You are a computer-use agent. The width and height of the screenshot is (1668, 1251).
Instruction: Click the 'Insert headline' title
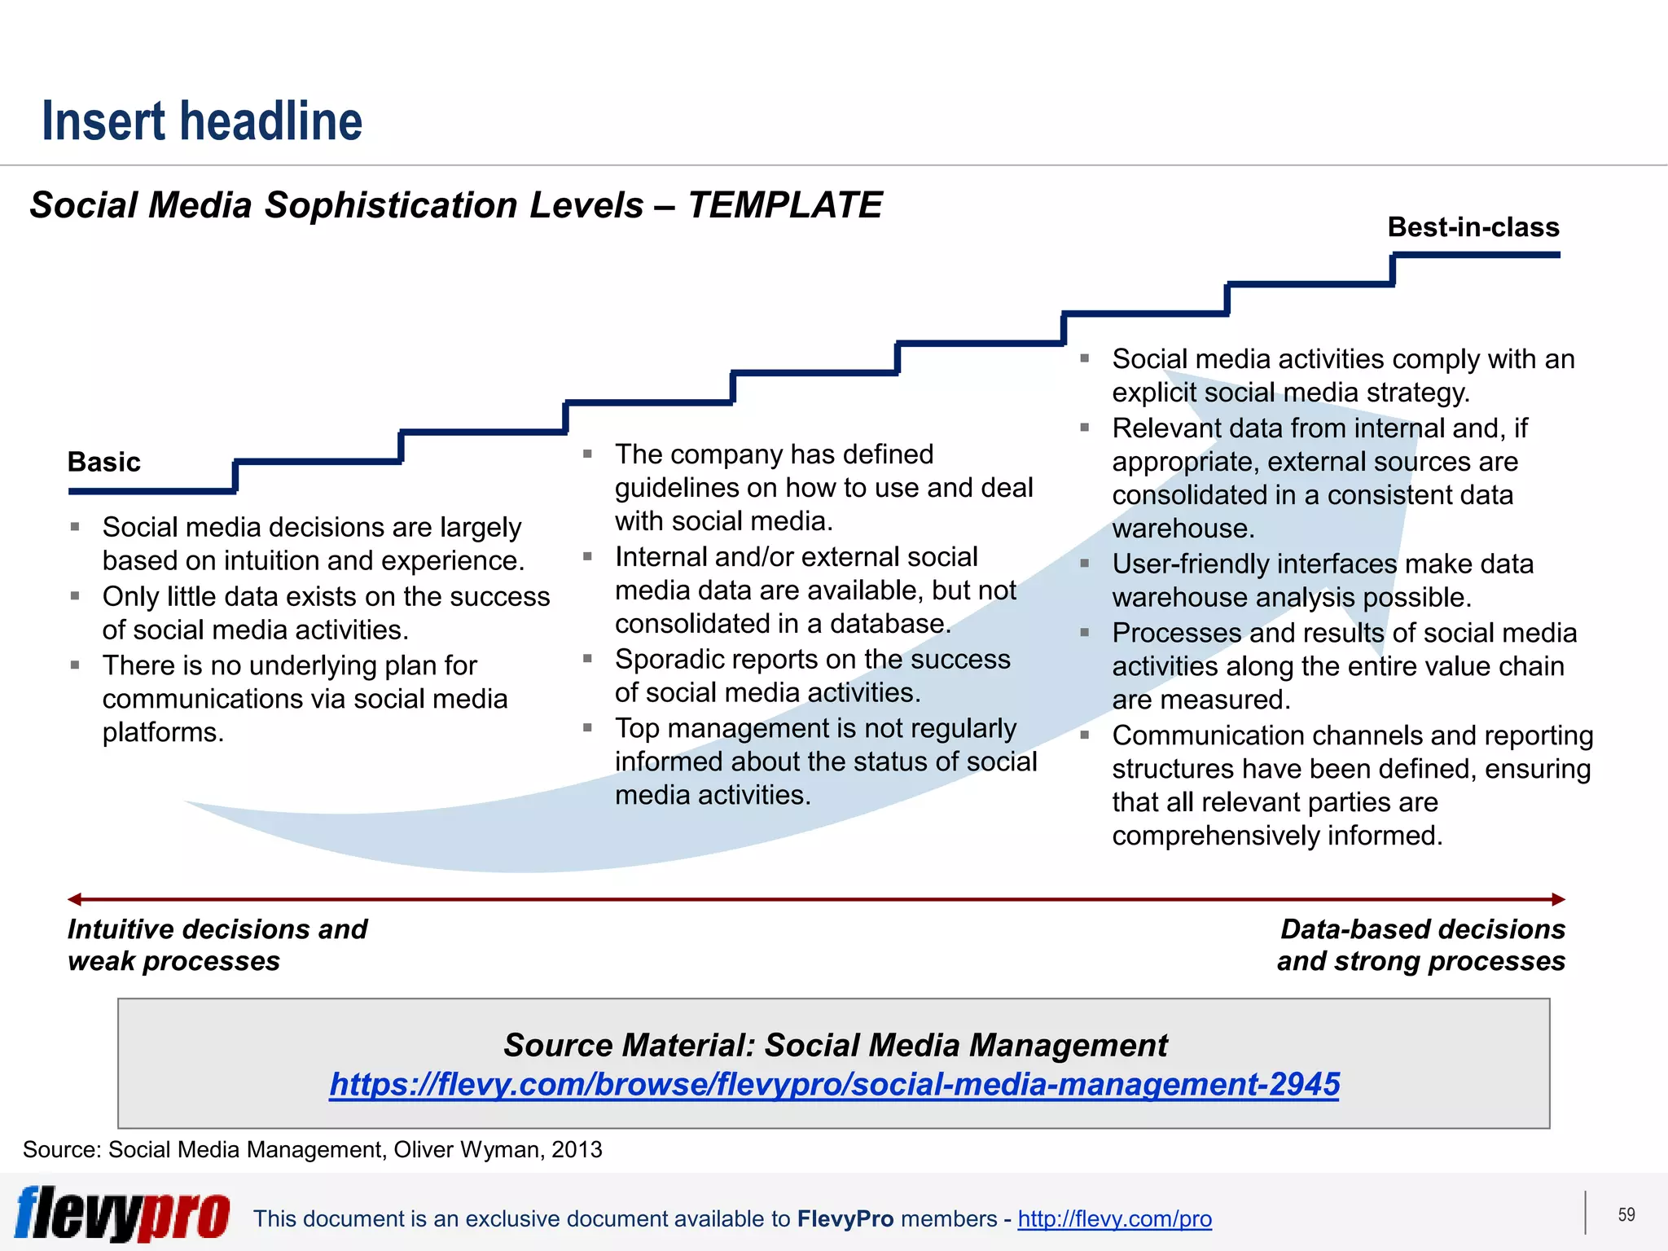coord(202,121)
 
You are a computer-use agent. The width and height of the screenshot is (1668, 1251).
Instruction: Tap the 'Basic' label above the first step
coord(104,462)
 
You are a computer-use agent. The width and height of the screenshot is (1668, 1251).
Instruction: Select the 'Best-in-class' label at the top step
coord(1473,227)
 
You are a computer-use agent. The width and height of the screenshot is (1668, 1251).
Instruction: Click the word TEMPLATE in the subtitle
coord(784,205)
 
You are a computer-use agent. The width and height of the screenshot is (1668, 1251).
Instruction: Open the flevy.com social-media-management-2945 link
coord(834,1084)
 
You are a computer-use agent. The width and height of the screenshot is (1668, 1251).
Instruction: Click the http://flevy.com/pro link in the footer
coord(1114,1218)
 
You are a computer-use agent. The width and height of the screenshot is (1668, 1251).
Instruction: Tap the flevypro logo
coord(122,1214)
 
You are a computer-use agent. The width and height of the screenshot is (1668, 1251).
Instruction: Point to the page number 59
coord(1626,1214)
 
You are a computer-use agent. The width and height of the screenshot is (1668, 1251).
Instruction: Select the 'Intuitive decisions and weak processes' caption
coord(217,945)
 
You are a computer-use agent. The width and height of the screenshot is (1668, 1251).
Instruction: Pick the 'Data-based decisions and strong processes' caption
coord(1421,945)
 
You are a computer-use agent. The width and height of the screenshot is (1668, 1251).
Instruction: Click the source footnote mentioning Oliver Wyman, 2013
coord(313,1149)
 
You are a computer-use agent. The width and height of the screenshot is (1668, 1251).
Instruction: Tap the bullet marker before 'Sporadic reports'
coord(587,658)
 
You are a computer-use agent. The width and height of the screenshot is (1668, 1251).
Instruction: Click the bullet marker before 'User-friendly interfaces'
coord(1085,563)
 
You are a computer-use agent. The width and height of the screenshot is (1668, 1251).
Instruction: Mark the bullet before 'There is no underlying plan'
coord(75,665)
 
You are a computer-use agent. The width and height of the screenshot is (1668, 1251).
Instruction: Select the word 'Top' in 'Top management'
coord(637,728)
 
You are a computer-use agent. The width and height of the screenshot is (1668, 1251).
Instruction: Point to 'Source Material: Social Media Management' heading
coord(835,1045)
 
